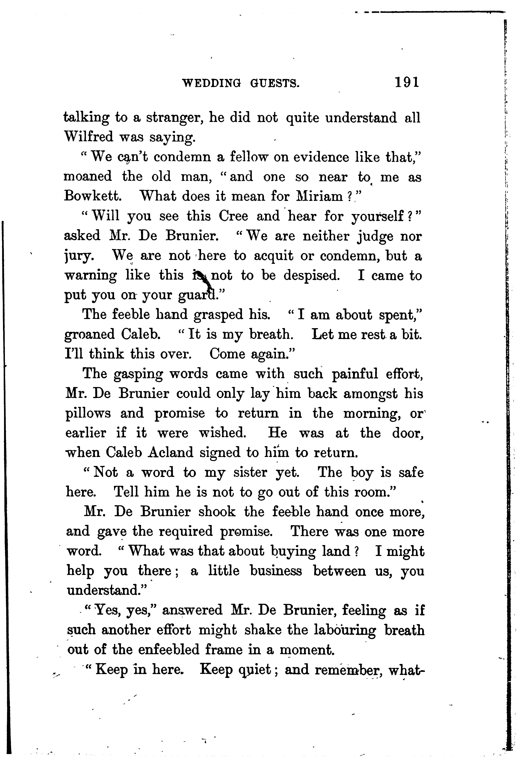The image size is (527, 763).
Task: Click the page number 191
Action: click(x=407, y=82)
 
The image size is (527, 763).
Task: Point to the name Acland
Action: click(x=170, y=453)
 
